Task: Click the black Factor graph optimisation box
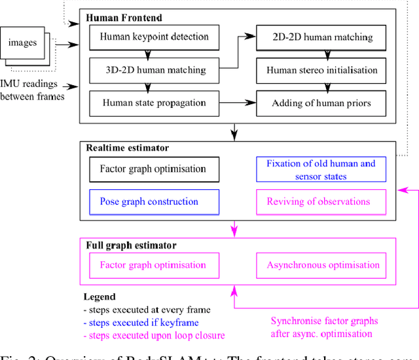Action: (x=152, y=169)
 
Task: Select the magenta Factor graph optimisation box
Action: (x=152, y=265)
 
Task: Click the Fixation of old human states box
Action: (x=320, y=169)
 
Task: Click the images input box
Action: (x=23, y=43)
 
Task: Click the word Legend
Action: (x=100, y=297)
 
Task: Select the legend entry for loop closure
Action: (x=154, y=335)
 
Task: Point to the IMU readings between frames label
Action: (x=33, y=90)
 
